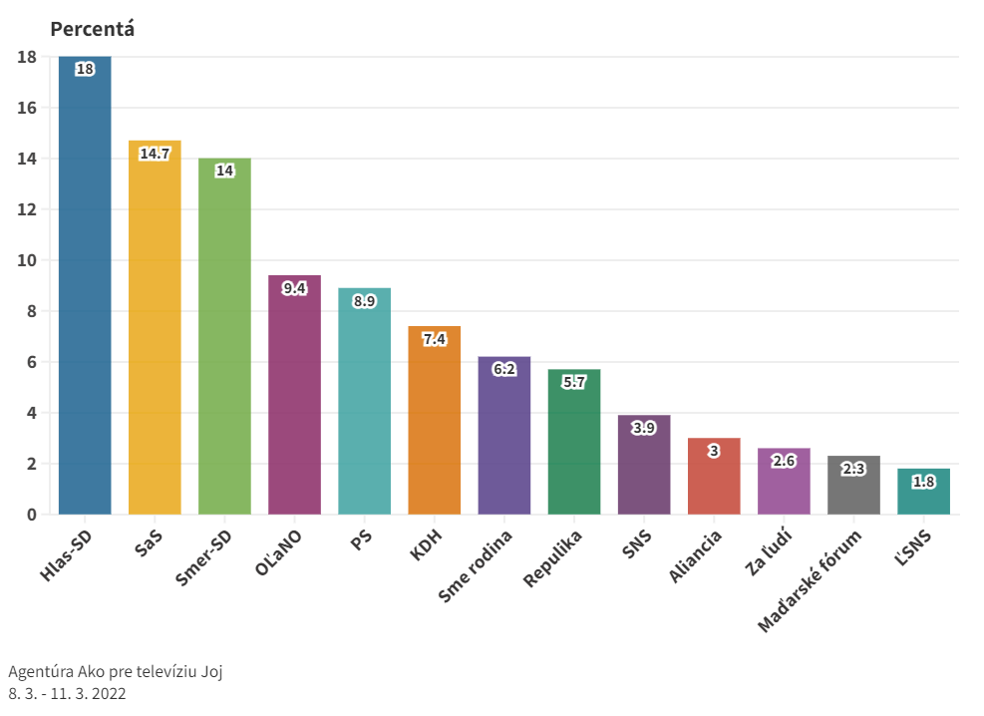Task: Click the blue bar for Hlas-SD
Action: click(x=85, y=289)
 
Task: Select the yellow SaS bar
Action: click(x=155, y=329)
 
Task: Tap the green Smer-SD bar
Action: click(x=224, y=339)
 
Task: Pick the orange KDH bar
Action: click(x=435, y=424)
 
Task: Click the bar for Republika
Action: click(x=574, y=449)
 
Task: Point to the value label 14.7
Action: click(x=155, y=154)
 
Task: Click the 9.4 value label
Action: click(x=294, y=288)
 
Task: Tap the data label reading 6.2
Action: click(x=504, y=369)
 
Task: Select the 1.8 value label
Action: click(x=923, y=482)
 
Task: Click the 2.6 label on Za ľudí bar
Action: click(x=784, y=461)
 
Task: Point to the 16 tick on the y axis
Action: click(x=27, y=108)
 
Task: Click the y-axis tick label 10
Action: click(x=27, y=260)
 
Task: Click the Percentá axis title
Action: click(x=92, y=29)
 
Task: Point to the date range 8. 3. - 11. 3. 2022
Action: click(x=67, y=693)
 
